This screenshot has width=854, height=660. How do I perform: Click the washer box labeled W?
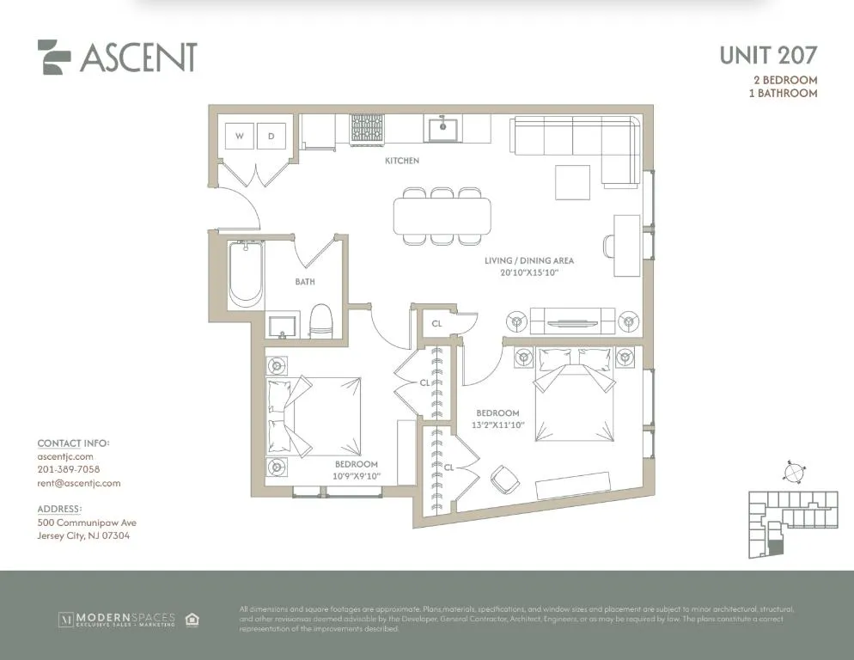click(x=240, y=136)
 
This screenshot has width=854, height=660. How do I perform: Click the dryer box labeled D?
click(x=271, y=136)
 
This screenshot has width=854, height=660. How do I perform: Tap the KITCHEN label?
click(x=402, y=161)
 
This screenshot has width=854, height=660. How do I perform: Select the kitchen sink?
click(x=443, y=130)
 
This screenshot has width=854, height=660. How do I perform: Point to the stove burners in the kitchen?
click(x=367, y=130)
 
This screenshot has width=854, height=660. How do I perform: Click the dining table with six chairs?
click(x=442, y=216)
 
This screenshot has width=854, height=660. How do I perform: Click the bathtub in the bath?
click(x=246, y=273)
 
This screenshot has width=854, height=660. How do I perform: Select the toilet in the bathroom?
click(x=320, y=321)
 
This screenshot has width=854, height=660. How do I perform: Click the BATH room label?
click(x=305, y=282)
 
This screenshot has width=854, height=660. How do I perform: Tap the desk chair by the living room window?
click(x=609, y=246)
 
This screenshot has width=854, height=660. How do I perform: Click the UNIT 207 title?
click(x=767, y=56)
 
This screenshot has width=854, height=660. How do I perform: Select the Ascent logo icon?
click(x=54, y=58)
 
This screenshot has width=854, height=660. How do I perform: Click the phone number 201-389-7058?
click(x=69, y=469)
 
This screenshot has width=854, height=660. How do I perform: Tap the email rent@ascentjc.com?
click(x=79, y=483)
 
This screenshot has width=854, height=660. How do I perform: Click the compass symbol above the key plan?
click(x=795, y=472)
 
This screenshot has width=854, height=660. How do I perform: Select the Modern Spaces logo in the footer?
click(x=116, y=619)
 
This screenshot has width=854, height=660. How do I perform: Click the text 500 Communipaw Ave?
click(x=87, y=522)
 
